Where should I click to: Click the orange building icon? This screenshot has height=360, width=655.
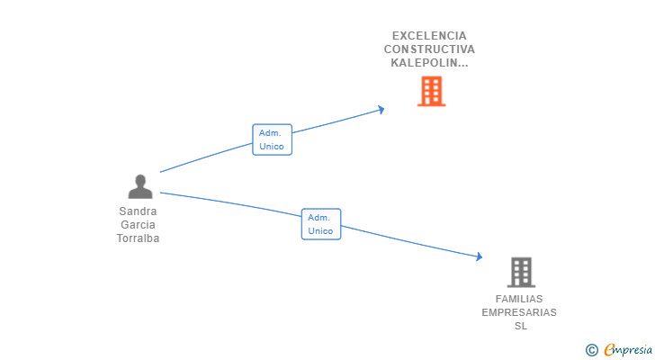431,91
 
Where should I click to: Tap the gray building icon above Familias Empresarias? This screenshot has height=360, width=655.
520,272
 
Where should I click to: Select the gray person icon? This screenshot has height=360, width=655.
140,187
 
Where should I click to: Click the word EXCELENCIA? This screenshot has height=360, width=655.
429,36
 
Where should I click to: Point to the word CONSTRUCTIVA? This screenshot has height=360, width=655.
429,49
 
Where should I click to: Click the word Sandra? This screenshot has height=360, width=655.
138,211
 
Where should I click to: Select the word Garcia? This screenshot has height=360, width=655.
138,225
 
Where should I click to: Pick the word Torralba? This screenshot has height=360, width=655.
138,238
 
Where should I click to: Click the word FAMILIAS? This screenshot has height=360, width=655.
519,299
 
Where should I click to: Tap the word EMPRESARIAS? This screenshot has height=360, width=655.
519,312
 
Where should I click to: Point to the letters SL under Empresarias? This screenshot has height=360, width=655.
520,326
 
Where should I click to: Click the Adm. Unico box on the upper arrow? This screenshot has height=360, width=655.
272,139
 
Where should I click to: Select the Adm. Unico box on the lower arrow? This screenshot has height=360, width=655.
320,224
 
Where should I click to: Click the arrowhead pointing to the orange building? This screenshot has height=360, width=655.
381,110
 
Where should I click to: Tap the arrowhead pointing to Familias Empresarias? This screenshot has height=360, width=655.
480,257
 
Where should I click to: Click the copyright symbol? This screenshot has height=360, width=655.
591,350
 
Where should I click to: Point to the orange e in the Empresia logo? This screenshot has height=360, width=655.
609,350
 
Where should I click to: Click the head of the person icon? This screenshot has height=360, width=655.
140,180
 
